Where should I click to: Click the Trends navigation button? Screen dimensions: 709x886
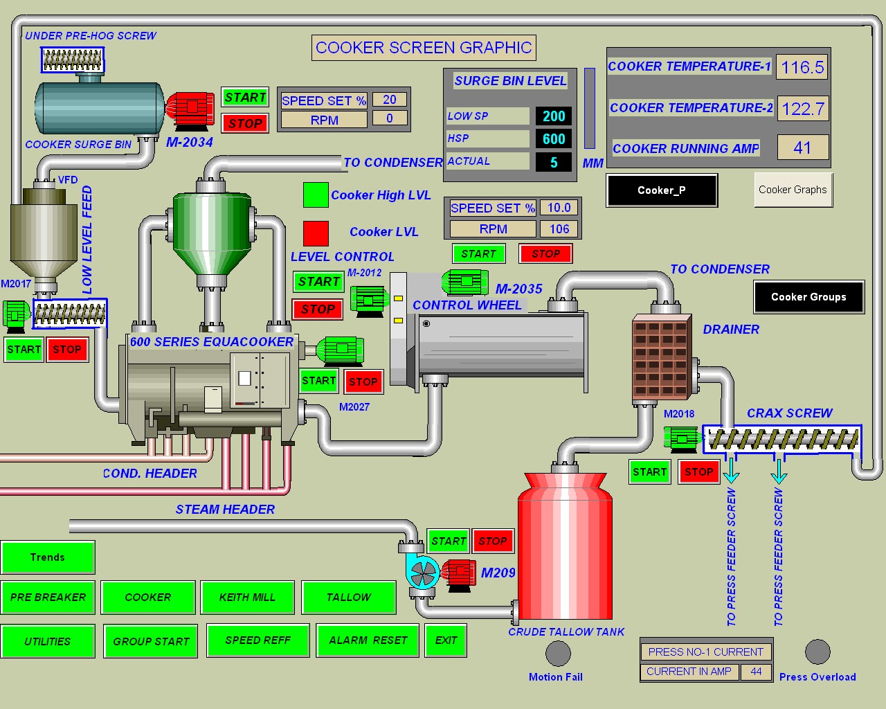[48, 557]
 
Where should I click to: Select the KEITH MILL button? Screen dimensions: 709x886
[247, 598]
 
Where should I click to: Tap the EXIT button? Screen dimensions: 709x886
[446, 640]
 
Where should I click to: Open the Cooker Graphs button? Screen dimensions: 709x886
[793, 190]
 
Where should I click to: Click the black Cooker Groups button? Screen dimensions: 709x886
[808, 297]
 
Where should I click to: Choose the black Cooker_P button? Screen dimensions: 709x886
[662, 190]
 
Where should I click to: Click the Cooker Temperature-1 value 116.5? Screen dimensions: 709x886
[802, 67]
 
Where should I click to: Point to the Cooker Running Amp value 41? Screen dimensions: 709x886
[802, 147]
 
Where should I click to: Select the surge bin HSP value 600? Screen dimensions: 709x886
[554, 138]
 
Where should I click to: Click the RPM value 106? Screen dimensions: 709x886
[559, 228]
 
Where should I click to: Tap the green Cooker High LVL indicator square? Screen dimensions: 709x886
[316, 195]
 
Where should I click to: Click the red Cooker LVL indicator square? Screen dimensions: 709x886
[316, 233]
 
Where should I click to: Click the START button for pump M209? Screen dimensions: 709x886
[449, 541]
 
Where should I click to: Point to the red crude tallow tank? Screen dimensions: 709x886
[566, 547]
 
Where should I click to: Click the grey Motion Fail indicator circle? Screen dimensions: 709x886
[558, 653]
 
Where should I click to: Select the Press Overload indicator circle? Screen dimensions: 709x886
[817, 652]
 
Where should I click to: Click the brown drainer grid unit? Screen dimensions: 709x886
[661, 359]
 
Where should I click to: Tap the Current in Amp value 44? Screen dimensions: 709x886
[756, 672]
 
